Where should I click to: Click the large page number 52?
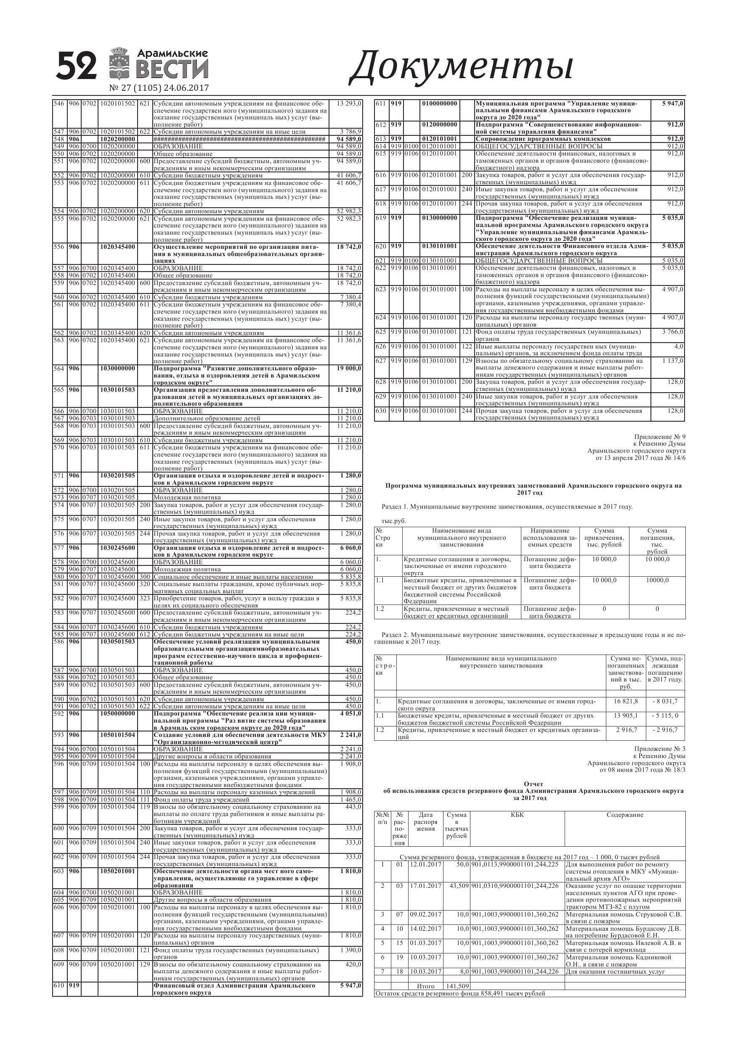point(77,66)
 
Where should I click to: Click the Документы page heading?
point(460,68)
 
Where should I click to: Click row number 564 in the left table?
point(59,368)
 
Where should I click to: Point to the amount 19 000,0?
point(349,368)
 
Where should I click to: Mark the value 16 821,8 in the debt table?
point(626,701)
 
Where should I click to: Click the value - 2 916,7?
point(665,730)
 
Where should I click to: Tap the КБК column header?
point(517,815)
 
